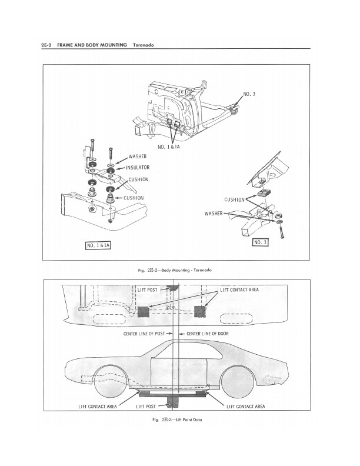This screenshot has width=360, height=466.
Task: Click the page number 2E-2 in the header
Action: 47,45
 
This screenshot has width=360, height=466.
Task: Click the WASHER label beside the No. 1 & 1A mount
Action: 138,157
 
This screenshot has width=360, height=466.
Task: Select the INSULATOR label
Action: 138,168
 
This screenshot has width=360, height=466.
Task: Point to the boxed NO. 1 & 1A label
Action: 98,245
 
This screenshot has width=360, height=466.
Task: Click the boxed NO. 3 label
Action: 260,242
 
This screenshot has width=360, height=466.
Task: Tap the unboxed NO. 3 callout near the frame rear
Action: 249,94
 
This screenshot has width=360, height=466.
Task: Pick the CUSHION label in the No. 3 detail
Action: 234,199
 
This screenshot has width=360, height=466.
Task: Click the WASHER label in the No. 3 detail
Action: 214,214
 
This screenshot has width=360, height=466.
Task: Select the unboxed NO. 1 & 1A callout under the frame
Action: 169,147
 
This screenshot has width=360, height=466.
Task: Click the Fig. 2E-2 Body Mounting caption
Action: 175,270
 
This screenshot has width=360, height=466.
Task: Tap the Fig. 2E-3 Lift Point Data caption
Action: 177,420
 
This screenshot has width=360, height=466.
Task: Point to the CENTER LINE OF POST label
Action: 144,334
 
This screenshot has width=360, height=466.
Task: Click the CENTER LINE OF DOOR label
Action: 208,334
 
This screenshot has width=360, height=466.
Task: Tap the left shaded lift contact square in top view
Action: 143,312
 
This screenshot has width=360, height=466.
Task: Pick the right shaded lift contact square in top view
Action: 199,311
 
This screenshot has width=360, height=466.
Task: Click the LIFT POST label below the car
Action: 146,406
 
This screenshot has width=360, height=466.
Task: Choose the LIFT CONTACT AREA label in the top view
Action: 239,289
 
